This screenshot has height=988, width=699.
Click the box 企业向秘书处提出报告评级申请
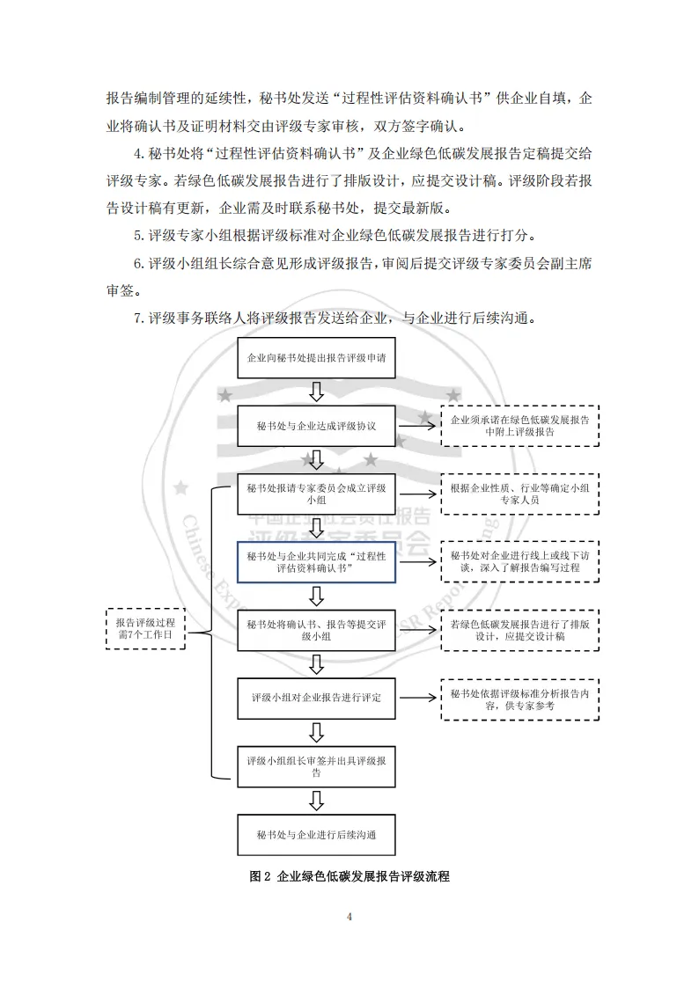pyautogui.click(x=316, y=359)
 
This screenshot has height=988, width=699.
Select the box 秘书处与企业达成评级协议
pyautogui.click(x=316, y=426)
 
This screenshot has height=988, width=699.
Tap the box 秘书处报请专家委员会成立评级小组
pyautogui.click(x=316, y=494)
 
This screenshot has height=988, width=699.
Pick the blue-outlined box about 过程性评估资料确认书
pyautogui.click(x=316, y=561)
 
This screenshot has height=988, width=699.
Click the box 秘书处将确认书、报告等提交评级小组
pyautogui.click(x=316, y=630)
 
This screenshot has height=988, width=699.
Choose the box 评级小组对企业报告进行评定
pyautogui.click(x=316, y=698)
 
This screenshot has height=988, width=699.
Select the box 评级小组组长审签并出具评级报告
pyautogui.click(x=316, y=765)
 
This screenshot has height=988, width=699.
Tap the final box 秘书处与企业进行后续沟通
pyautogui.click(x=316, y=833)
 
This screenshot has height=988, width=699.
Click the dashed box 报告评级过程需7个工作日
pyautogui.click(x=145, y=628)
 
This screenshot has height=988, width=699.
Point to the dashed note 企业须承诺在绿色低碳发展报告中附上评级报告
pyautogui.click(x=519, y=426)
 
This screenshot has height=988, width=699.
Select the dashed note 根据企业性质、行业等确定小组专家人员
pyautogui.click(x=519, y=494)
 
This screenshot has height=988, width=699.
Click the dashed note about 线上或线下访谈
pyautogui.click(x=519, y=561)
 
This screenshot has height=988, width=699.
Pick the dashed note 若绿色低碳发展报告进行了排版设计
pyautogui.click(x=519, y=630)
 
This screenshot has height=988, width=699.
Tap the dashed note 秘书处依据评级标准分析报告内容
pyautogui.click(x=519, y=699)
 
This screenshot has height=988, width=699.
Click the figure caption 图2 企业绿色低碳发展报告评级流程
pyautogui.click(x=349, y=877)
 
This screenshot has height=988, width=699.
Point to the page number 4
pyautogui.click(x=349, y=917)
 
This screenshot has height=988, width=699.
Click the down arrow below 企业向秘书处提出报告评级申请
pyautogui.click(x=316, y=392)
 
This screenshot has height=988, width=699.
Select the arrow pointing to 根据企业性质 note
pyautogui.click(x=417, y=494)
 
